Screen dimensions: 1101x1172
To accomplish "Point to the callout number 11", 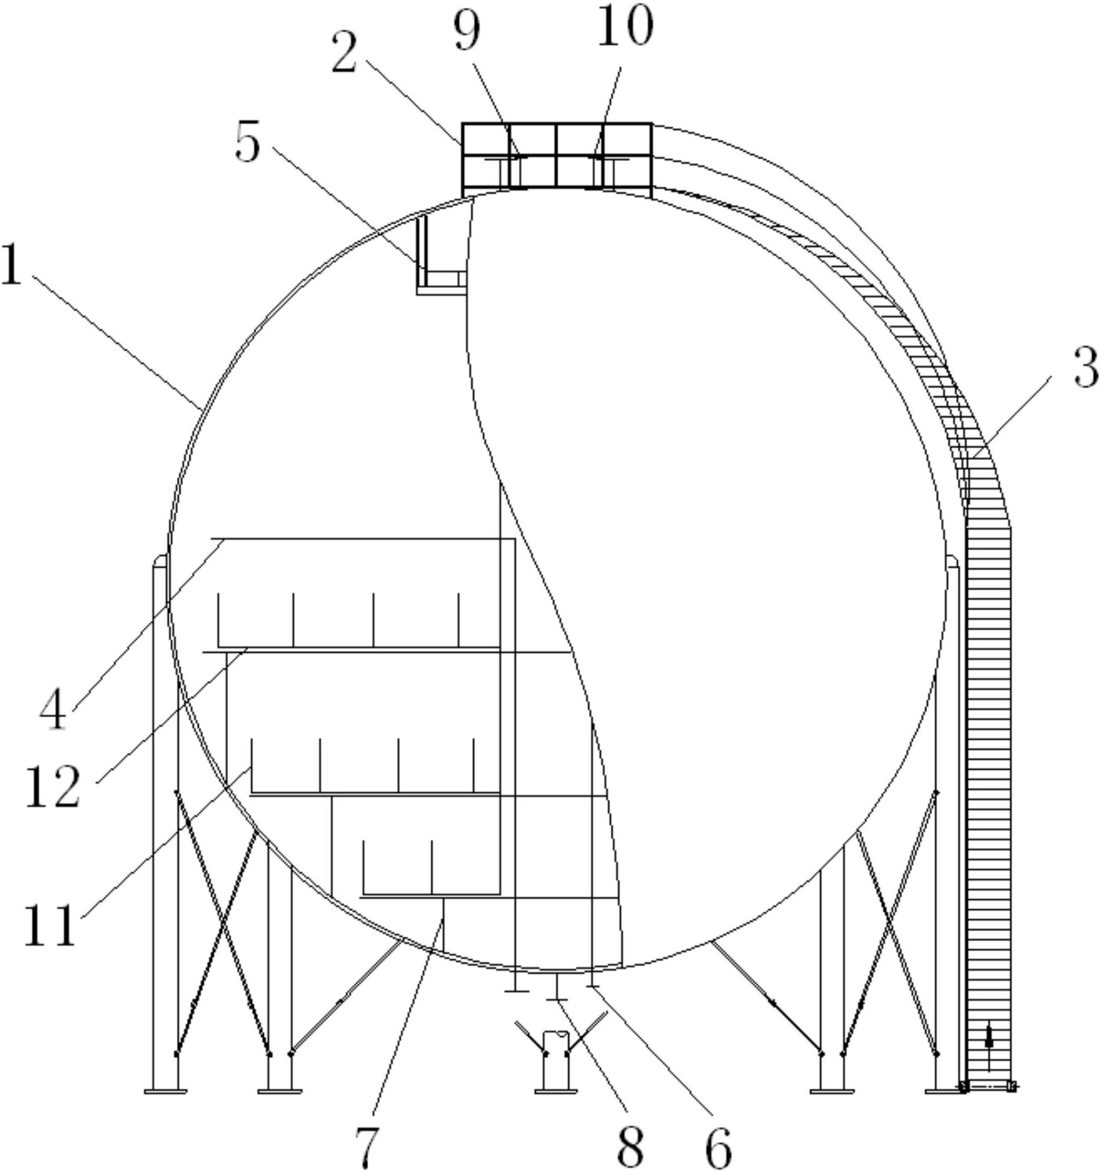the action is tap(50, 924).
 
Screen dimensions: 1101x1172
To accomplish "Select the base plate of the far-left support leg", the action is tap(166, 1092).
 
